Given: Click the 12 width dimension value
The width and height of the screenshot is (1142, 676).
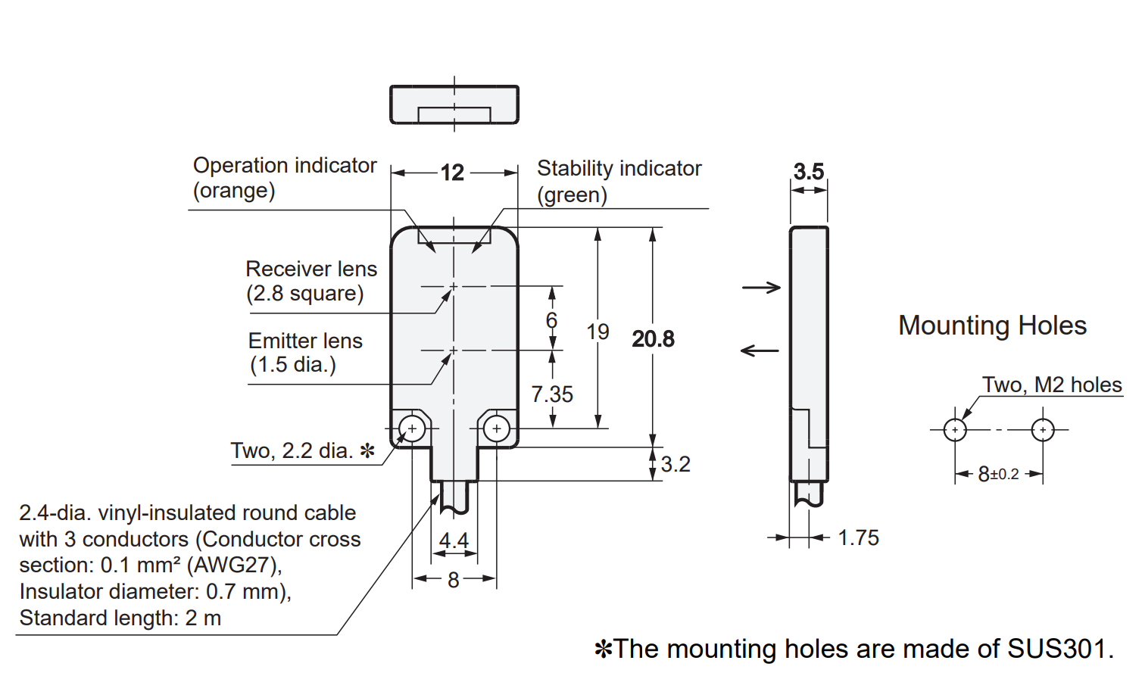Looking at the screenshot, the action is pyautogui.click(x=452, y=173).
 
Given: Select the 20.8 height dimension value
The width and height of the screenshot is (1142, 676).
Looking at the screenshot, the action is pyautogui.click(x=653, y=339).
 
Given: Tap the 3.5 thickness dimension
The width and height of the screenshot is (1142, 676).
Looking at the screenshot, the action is pyautogui.click(x=809, y=171).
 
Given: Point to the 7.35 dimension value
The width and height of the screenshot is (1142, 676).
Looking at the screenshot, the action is pyautogui.click(x=552, y=394).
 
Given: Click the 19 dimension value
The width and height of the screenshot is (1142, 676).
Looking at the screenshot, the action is pyautogui.click(x=598, y=332).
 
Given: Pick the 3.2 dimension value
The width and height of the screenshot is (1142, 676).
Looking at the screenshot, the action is pyautogui.click(x=676, y=464).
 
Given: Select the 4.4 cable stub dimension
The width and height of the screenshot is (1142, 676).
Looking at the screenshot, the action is pyautogui.click(x=454, y=540).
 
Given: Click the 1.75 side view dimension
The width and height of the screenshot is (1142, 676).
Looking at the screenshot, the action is pyautogui.click(x=859, y=537).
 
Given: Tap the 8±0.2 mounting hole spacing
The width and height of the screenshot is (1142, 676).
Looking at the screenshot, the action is pyautogui.click(x=998, y=474).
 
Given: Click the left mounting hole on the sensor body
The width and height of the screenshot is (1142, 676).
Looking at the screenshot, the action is pyautogui.click(x=412, y=428).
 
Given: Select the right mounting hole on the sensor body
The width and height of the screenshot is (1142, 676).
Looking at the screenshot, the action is pyautogui.click(x=497, y=428).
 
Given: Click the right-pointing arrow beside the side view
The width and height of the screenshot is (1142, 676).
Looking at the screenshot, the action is pyautogui.click(x=761, y=288).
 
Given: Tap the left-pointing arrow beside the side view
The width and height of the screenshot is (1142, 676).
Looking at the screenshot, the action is pyautogui.click(x=760, y=350).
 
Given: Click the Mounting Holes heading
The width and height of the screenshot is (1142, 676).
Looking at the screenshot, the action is pyautogui.click(x=992, y=326).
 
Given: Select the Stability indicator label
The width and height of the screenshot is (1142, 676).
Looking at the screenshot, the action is pyautogui.click(x=619, y=182).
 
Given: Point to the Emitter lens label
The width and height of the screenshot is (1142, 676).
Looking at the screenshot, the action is pyautogui.click(x=305, y=353).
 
